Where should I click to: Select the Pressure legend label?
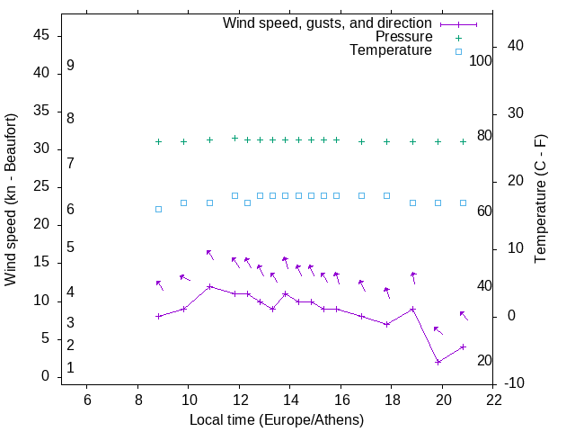click(403, 37)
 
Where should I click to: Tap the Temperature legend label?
click(391, 50)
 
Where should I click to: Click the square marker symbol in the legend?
click(457, 51)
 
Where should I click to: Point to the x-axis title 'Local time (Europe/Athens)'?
click(277, 419)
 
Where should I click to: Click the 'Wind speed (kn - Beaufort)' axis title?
click(11, 200)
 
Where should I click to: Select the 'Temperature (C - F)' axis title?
click(541, 200)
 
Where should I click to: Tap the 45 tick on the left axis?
click(41, 35)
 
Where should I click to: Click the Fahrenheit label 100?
click(481, 61)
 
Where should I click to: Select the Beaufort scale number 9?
click(70, 67)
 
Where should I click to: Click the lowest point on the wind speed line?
click(438, 362)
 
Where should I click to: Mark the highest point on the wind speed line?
click(209, 286)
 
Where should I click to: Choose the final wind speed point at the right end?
click(463, 346)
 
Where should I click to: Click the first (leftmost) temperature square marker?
click(158, 209)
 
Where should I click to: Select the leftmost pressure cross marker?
click(158, 141)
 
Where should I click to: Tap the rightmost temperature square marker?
click(463, 202)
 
